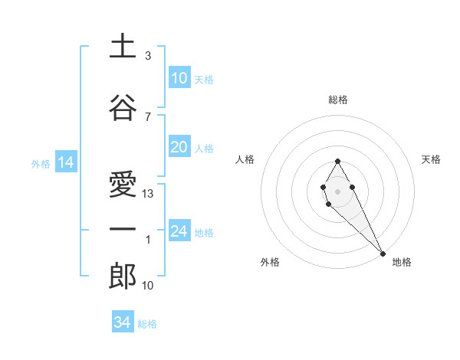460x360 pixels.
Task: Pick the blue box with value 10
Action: tap(179, 78)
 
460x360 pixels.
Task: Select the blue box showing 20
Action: tap(179, 147)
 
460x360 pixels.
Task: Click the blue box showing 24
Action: tap(179, 231)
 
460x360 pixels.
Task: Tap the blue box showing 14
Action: tap(65, 162)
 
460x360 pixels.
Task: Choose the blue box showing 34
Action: tap(122, 322)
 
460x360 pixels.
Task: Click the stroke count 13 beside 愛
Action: tap(149, 194)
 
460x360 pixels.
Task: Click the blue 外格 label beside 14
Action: tap(41, 163)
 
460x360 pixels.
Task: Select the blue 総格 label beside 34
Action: tap(147, 324)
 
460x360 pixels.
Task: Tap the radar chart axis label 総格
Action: tap(338, 100)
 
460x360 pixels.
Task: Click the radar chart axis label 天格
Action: tap(431, 159)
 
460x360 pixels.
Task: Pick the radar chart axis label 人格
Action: tap(245, 159)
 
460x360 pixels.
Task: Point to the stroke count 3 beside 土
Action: tap(148, 56)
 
